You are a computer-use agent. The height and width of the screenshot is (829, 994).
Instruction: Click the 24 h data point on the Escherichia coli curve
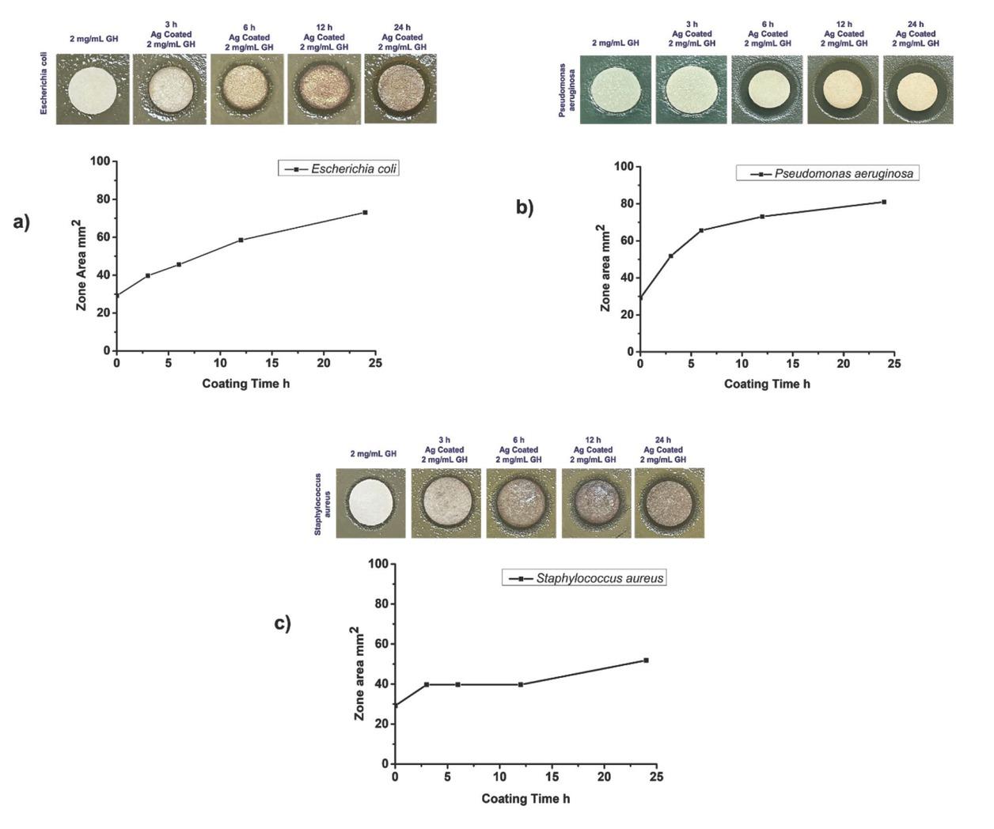click(x=365, y=212)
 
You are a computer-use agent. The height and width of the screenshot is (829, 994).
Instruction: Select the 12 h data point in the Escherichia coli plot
click(x=241, y=240)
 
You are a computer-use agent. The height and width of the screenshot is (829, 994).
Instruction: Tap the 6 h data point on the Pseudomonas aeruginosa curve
click(x=701, y=230)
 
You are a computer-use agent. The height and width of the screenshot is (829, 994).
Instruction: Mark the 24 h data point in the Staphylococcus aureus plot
click(x=646, y=660)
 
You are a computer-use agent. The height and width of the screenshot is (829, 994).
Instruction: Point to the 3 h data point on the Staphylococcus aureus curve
click(x=427, y=684)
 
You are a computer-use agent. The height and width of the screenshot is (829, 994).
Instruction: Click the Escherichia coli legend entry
click(x=339, y=168)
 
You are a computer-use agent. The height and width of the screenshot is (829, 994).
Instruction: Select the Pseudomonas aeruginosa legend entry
click(x=828, y=173)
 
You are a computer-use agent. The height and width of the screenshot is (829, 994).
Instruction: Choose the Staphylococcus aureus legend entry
click(x=584, y=578)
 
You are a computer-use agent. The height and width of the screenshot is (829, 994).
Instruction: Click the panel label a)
click(x=21, y=222)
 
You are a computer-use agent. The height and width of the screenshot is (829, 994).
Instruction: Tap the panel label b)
click(x=525, y=207)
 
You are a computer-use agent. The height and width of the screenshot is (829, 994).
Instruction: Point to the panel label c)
click(x=283, y=623)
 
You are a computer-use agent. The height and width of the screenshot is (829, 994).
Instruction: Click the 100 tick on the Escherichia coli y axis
click(x=100, y=161)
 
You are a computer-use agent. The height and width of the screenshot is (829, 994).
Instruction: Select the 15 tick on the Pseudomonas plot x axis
click(x=792, y=364)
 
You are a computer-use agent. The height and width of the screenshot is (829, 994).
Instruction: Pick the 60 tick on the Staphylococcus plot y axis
click(x=379, y=644)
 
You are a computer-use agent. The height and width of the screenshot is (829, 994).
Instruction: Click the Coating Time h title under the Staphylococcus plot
click(x=525, y=798)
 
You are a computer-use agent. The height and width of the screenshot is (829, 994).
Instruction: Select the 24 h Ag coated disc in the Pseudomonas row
click(x=917, y=89)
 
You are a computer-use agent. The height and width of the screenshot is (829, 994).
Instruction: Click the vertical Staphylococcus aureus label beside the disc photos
click(x=322, y=504)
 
